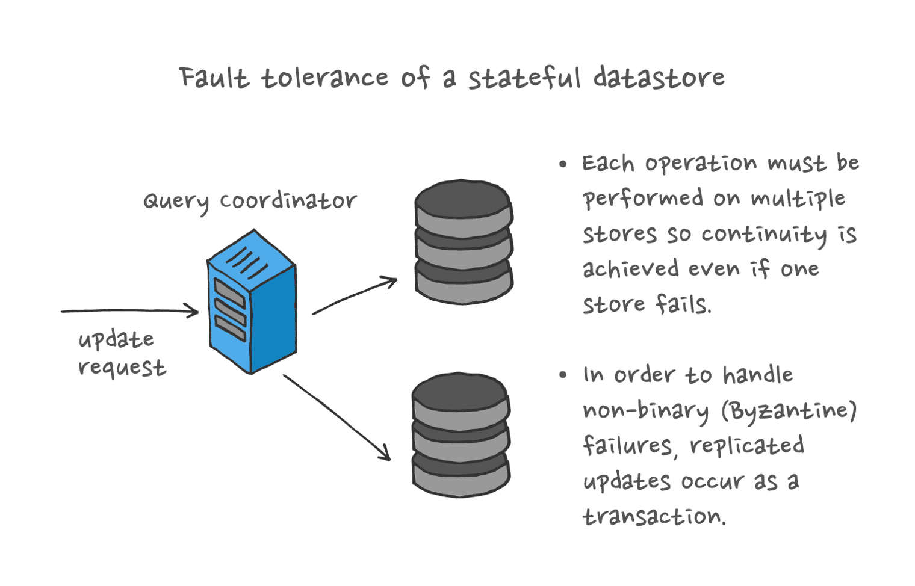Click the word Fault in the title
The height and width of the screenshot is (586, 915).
pos(213,78)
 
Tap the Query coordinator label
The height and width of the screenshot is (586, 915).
pos(250,200)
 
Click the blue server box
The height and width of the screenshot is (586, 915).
pos(252,302)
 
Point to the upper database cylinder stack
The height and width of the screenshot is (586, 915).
pos(464,241)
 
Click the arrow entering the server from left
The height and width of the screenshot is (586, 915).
pos(129,311)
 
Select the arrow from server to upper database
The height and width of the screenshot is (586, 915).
pos(355,295)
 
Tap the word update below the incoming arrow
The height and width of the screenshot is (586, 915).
pos(116,340)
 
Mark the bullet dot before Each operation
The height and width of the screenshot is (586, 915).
pos(563,164)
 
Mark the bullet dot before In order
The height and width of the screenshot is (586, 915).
pos(563,375)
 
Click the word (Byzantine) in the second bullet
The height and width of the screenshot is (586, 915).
pos(789,411)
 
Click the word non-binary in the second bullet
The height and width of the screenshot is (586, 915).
pos(646,411)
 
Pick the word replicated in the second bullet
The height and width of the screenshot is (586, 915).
pos(746,446)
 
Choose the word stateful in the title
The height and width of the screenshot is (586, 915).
pos(524,78)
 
